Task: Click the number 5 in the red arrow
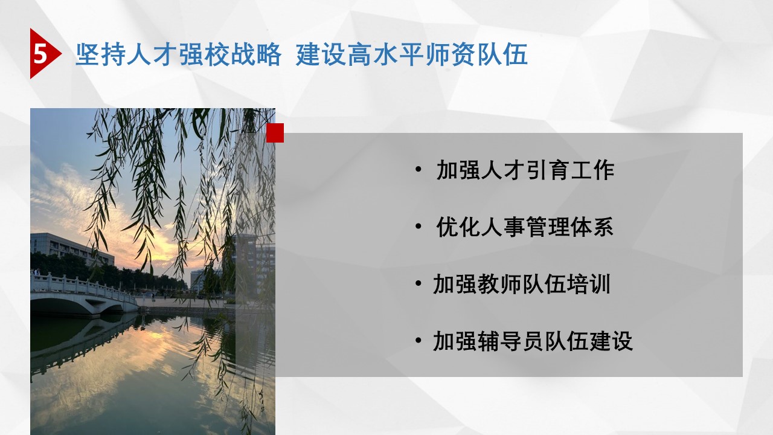coord(40,54)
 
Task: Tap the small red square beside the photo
coord(275,133)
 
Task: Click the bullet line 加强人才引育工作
coord(525,170)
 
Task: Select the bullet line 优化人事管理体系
coord(525,227)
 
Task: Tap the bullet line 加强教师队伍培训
coord(522,284)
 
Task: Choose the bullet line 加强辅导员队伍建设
coord(533,341)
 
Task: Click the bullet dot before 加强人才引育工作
coord(419,170)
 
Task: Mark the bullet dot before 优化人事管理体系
coord(419,227)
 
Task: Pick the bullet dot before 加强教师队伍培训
coord(419,283)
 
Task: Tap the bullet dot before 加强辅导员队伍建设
coord(419,340)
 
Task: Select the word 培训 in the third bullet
coord(588,284)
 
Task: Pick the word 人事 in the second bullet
coord(503,227)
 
